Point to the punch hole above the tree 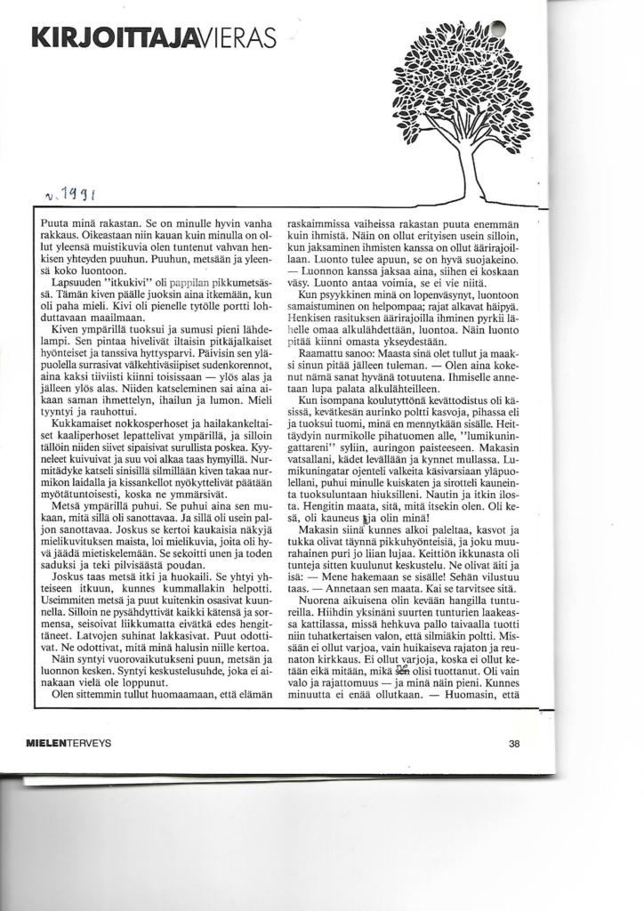coord(499,28)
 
